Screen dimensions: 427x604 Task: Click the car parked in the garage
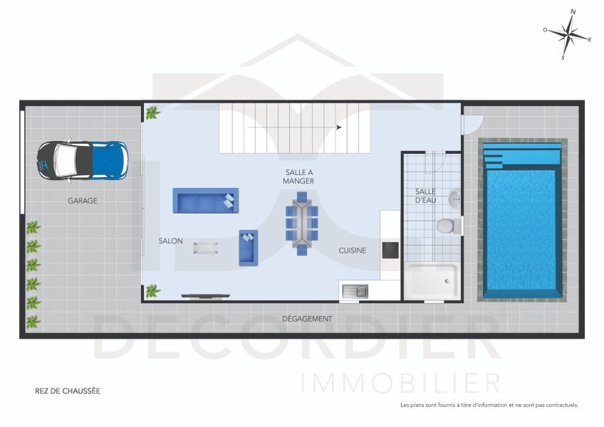point(83,160)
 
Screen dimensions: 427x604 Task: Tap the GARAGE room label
point(83,201)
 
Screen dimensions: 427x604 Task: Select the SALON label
point(170,241)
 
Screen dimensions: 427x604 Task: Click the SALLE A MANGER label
point(299,176)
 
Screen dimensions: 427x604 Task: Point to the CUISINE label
point(352,251)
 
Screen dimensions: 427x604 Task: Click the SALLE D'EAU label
point(425,196)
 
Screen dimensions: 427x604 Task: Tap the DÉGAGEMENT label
point(307,319)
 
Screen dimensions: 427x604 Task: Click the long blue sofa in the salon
point(205,201)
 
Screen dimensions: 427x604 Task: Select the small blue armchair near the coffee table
point(248,247)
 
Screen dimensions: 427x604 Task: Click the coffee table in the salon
point(206,248)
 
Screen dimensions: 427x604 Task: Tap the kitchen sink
point(354,290)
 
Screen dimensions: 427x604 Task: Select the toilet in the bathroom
point(447,226)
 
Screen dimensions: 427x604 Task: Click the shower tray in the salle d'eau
point(431,282)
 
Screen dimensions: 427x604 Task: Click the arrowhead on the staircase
point(338,127)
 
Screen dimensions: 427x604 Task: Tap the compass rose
point(567,34)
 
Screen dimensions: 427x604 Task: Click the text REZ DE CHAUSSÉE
point(68,391)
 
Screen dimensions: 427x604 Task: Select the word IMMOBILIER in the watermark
point(401,383)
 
